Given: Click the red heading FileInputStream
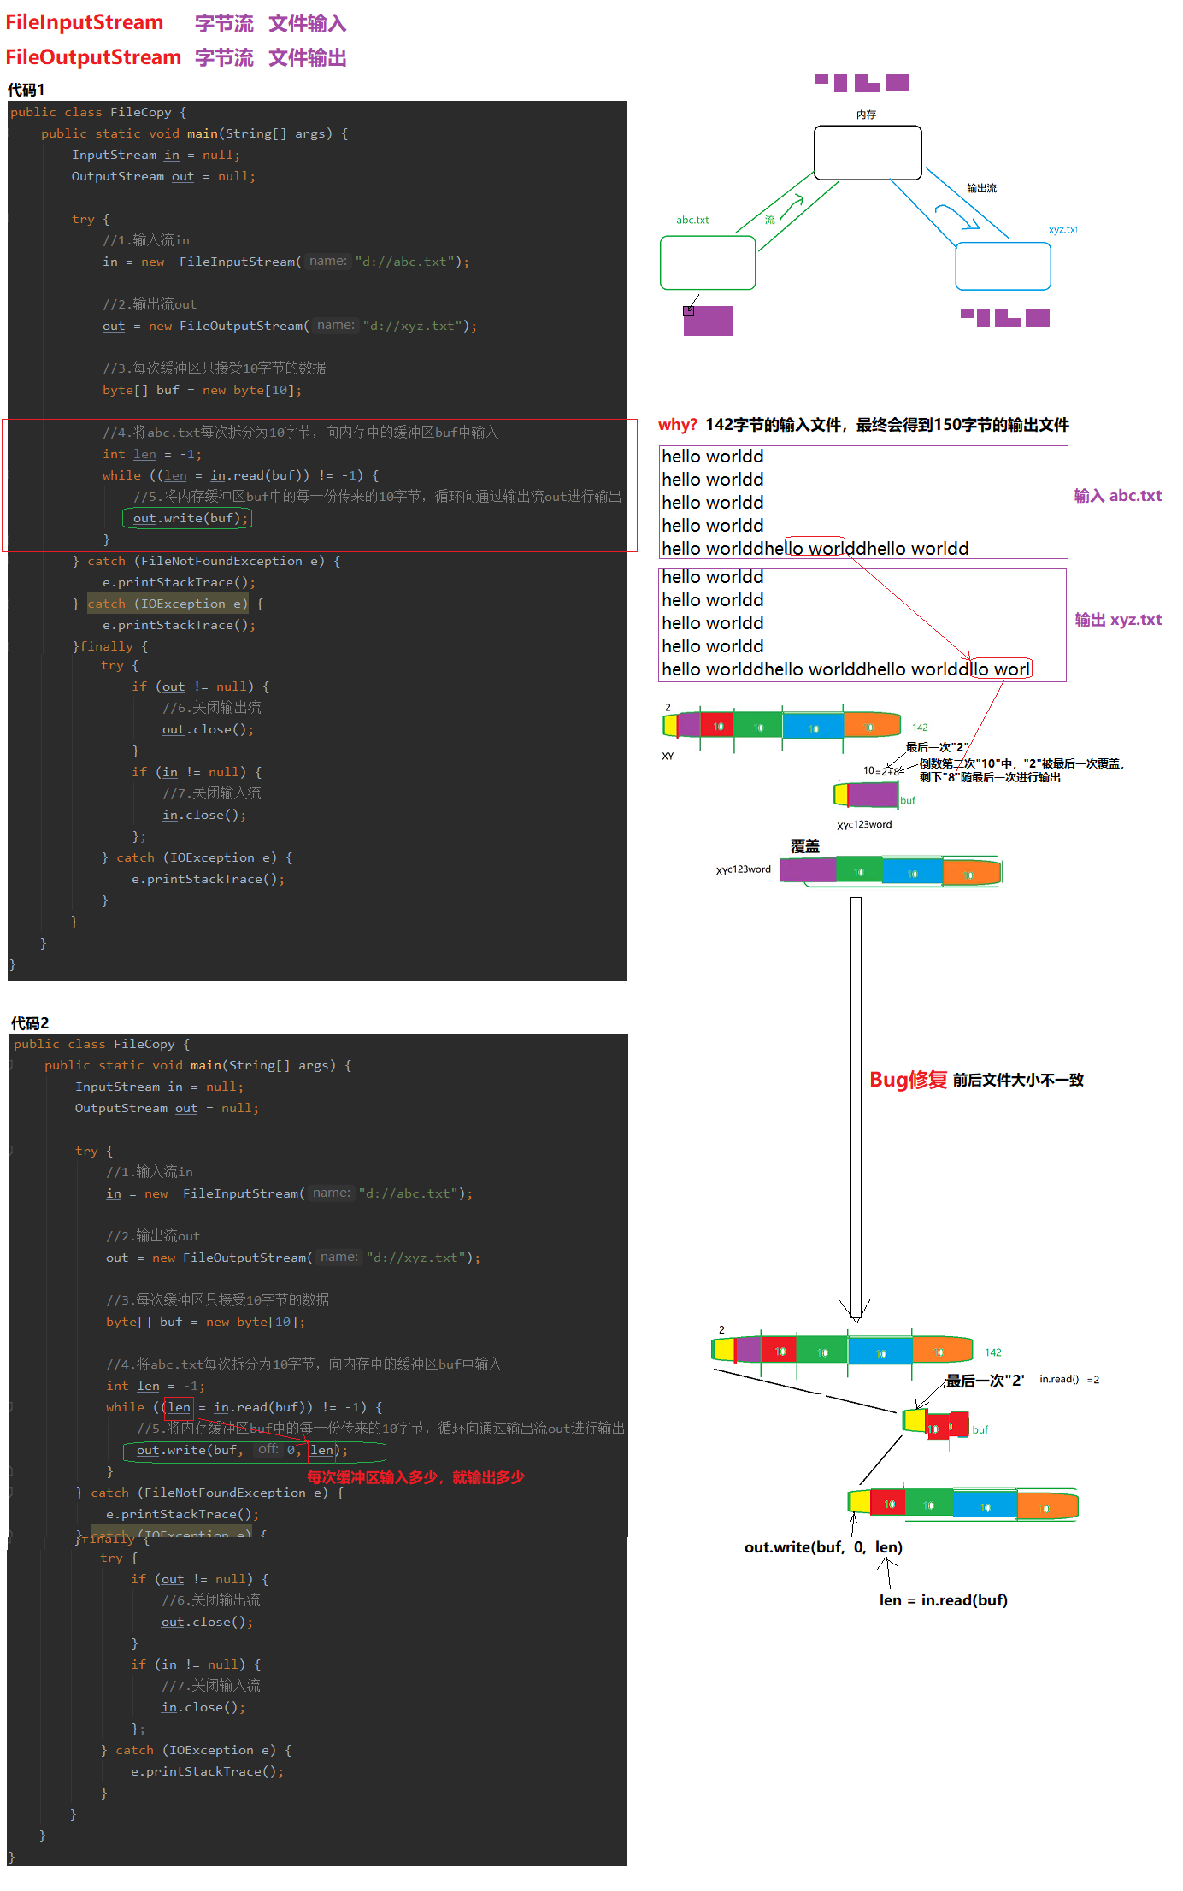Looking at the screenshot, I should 84,23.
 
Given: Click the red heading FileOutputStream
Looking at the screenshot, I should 93,57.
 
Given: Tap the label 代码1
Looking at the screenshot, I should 26,90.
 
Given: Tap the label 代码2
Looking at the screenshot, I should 30,1023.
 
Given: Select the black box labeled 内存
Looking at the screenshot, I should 867,153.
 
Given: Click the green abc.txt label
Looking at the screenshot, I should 692,221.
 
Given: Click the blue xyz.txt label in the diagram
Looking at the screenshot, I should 1062,230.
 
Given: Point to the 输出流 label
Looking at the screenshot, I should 981,188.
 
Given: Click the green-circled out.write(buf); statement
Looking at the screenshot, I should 188,518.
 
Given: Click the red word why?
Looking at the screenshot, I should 678,425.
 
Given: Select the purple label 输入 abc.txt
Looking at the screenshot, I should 1117,496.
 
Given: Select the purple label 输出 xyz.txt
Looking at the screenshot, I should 1117,620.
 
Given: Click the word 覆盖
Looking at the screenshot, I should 804,846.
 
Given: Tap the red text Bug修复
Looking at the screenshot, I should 908,1080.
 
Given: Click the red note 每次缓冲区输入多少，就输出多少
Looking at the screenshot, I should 415,1477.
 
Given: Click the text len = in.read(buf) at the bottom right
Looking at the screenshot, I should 943,1600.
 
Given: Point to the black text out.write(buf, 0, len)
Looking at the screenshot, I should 823,1547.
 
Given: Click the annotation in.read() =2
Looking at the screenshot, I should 1068,1380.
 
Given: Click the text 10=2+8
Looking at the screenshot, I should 880,771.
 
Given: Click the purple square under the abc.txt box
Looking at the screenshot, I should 709,321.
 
